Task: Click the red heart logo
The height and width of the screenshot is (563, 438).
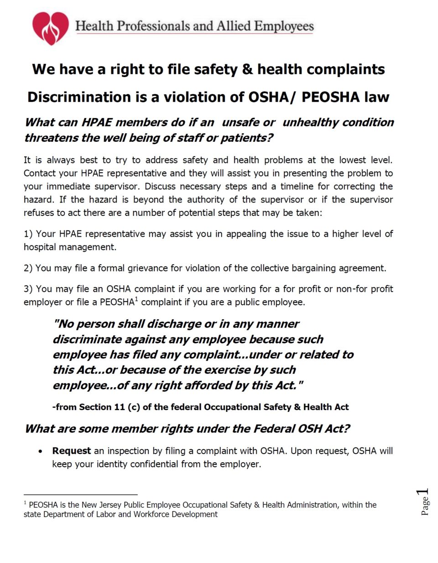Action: click(50, 27)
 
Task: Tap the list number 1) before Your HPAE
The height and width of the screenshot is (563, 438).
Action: click(28, 234)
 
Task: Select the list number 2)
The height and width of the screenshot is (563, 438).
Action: click(28, 268)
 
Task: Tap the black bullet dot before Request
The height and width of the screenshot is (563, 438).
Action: click(41, 451)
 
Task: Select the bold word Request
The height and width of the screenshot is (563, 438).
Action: click(71, 451)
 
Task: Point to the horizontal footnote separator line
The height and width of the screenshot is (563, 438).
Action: click(80, 494)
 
